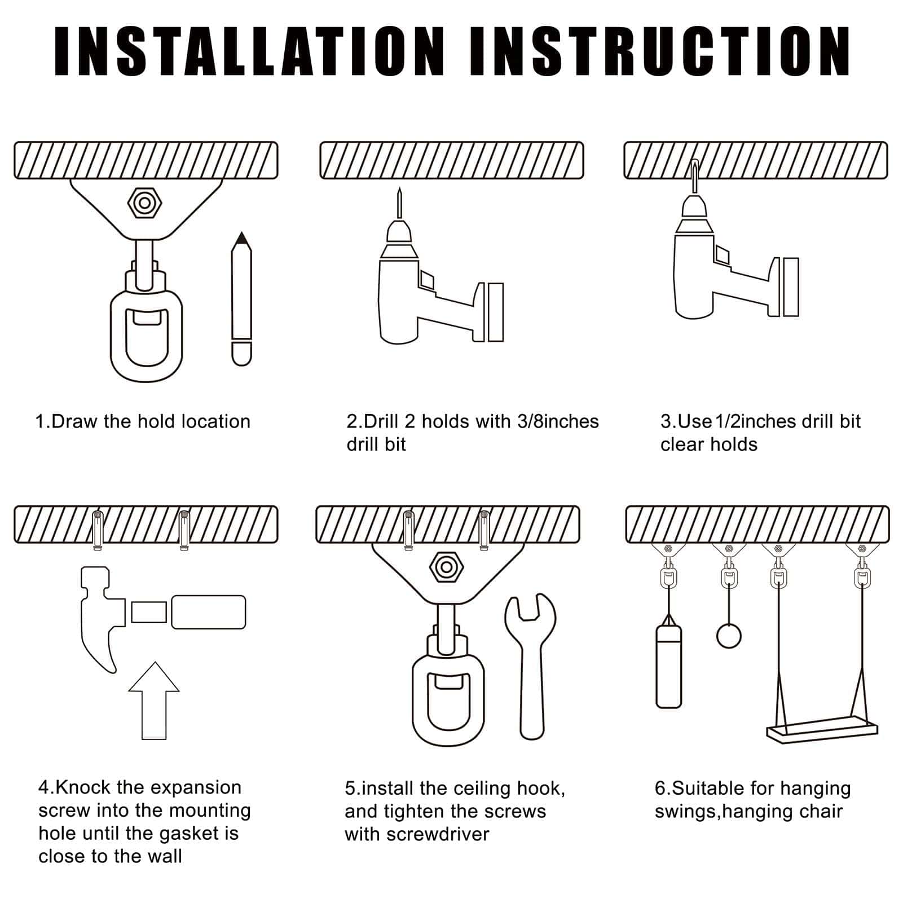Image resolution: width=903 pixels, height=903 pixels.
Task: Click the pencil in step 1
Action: [241, 299]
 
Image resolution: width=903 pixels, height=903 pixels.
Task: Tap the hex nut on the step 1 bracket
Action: [145, 202]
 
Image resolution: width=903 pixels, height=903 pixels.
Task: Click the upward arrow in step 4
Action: [154, 701]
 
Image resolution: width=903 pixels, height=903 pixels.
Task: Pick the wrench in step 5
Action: [531, 666]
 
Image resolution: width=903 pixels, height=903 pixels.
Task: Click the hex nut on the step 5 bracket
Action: [446, 567]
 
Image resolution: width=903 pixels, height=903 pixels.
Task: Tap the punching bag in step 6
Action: [669, 666]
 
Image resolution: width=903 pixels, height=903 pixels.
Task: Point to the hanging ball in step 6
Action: [729, 636]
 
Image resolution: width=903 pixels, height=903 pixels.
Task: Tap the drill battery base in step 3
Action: [791, 287]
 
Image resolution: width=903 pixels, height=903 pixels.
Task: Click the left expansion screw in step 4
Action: [98, 530]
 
